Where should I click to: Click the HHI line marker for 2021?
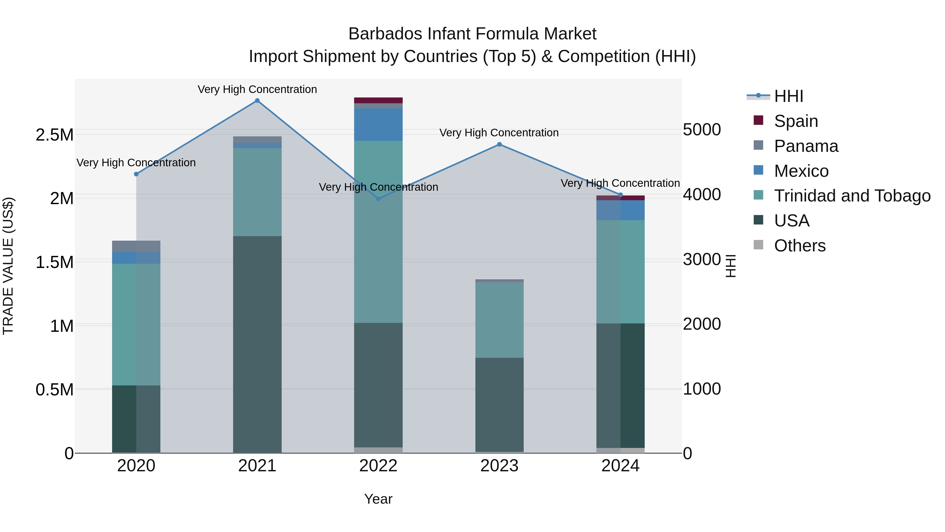257,101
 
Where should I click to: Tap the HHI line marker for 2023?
499,144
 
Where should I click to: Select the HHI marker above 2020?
136,174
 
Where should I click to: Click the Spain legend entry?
795,121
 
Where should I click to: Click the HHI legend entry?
788,96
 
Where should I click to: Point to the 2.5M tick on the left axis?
55,135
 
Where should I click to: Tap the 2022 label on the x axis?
378,466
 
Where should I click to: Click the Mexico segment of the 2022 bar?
378,125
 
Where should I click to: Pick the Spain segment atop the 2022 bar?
378,100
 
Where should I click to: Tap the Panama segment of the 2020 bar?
136,246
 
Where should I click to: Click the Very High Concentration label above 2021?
257,89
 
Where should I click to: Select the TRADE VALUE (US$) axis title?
8,266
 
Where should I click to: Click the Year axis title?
378,499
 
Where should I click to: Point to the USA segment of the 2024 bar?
620,385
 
